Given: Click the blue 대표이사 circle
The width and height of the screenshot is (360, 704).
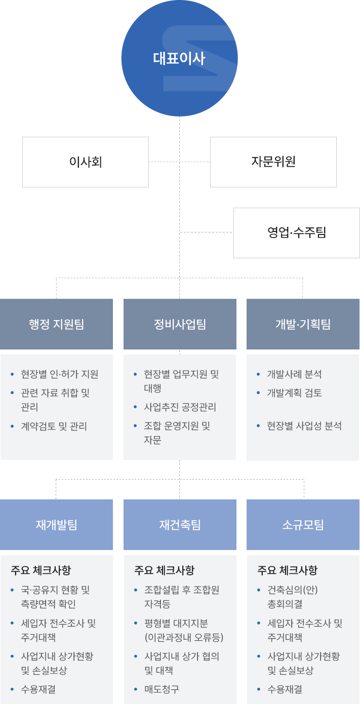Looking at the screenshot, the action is [179, 58].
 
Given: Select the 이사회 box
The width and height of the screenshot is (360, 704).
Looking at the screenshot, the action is [86, 162].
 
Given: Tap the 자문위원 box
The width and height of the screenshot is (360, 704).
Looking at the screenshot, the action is [273, 162].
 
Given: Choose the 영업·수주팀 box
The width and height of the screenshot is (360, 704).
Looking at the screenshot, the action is [297, 233].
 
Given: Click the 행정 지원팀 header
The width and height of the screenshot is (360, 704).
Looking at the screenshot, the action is [57, 324].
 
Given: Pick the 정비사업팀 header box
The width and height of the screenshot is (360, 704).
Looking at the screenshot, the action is [180, 324].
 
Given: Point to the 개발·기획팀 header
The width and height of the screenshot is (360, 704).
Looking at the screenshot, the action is [303, 324].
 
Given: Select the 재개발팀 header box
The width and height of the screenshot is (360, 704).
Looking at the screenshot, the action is [57, 525].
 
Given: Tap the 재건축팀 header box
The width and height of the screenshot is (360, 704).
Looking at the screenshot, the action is [180, 525].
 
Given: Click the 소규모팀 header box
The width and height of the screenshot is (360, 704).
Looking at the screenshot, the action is [303, 525].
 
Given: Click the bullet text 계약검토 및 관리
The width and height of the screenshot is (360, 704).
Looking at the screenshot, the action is [54, 426].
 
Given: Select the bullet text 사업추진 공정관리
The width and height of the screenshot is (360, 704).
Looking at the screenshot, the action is [180, 407].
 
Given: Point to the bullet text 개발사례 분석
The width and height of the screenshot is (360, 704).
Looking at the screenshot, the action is [294, 374].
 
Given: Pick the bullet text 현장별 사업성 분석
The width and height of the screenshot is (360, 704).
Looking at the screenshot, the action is [304, 426].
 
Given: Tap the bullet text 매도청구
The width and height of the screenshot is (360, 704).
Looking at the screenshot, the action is [162, 689].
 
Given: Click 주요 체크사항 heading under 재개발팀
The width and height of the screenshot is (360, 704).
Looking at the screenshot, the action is [41, 570].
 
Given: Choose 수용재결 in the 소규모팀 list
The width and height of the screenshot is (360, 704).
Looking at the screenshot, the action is [285, 689].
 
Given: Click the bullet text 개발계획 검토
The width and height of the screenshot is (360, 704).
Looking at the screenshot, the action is [294, 393].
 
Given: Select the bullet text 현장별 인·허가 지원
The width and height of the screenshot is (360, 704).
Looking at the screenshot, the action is [59, 374].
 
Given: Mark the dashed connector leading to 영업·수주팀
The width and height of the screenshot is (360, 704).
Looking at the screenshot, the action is [207, 232].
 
